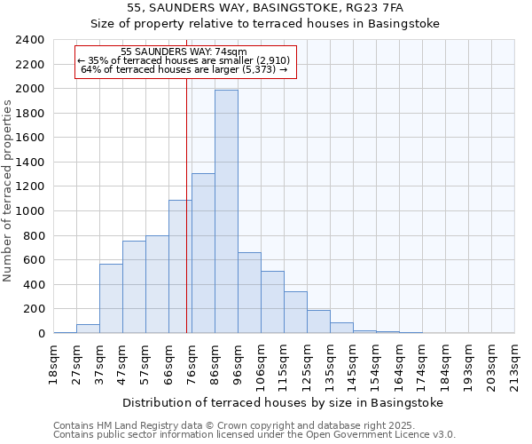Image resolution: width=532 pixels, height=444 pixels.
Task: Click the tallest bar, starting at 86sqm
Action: point(226,211)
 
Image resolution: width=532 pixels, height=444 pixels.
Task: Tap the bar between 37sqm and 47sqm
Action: point(111,298)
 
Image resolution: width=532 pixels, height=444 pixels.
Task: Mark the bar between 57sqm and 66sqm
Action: point(157,284)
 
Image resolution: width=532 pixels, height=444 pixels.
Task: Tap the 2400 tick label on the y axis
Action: point(30,40)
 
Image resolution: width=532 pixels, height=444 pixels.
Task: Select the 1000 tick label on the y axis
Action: point(30,211)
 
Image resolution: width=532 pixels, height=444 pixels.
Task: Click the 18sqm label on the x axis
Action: point(53,362)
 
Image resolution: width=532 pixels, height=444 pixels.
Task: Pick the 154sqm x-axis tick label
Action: point(376,365)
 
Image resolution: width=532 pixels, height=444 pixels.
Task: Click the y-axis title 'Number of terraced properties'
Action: point(8,191)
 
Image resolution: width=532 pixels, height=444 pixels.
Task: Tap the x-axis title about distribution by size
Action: point(282,402)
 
